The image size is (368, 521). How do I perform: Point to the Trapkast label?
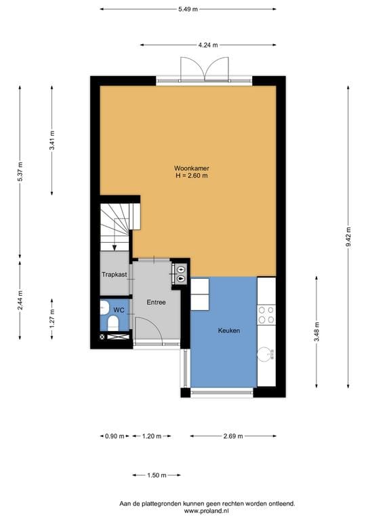pos(114,275)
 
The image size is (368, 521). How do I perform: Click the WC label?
pos(119,309)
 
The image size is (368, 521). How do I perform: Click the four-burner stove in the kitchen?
pos(266,314)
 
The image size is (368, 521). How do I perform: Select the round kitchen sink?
pos(266,352)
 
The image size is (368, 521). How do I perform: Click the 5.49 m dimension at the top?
pos(188,9)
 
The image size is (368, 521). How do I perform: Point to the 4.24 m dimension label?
pos(208,45)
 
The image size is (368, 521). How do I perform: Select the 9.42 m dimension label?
pos(348,237)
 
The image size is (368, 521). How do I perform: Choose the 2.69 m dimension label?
pos(233,436)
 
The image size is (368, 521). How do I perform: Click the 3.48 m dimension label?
pos(316,334)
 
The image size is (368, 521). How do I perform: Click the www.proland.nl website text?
pos(207,511)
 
